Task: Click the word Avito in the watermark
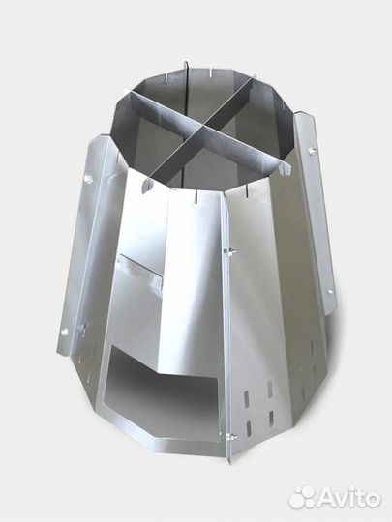[348, 499]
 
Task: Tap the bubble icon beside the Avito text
[302, 498]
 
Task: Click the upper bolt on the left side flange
[88, 180]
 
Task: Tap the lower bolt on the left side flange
[65, 332]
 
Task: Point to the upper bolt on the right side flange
[313, 151]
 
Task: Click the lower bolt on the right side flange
[330, 292]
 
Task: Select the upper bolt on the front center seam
[228, 250]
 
